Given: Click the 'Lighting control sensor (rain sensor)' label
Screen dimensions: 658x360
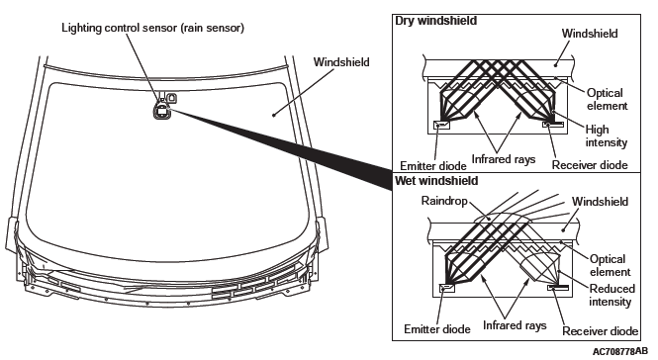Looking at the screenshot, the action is [x=152, y=28].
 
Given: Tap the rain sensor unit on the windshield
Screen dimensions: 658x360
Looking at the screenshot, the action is [x=161, y=111].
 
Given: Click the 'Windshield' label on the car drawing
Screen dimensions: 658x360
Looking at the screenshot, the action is [x=341, y=62].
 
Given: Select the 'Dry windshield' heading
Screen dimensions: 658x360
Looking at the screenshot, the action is [x=436, y=21].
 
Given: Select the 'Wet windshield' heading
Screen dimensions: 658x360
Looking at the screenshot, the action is [x=436, y=181].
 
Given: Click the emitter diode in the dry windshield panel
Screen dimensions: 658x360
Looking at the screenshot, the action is [x=441, y=125].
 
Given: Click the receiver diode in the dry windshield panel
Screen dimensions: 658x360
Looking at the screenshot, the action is [x=553, y=125].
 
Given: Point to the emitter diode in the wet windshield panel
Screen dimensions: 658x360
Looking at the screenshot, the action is [x=446, y=288].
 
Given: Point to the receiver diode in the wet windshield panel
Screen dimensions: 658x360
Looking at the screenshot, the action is [x=558, y=288].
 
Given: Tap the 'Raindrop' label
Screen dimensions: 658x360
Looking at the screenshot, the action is [x=444, y=201].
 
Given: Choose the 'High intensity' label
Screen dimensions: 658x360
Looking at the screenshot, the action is [x=606, y=135].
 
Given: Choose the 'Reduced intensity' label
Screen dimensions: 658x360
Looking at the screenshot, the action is [x=611, y=295].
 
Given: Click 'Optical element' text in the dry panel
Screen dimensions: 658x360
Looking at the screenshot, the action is [x=607, y=99].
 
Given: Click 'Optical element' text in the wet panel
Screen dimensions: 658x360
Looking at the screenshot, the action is [x=610, y=265].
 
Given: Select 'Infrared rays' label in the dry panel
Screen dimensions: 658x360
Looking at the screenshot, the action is [x=504, y=159].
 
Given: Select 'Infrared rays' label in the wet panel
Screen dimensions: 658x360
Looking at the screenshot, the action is [x=515, y=325].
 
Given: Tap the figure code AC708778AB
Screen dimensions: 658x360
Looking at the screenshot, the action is [x=620, y=351].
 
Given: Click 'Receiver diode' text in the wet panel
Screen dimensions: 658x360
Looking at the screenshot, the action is [x=600, y=331].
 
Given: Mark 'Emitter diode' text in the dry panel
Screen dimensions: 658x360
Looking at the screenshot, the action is [x=433, y=166].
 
